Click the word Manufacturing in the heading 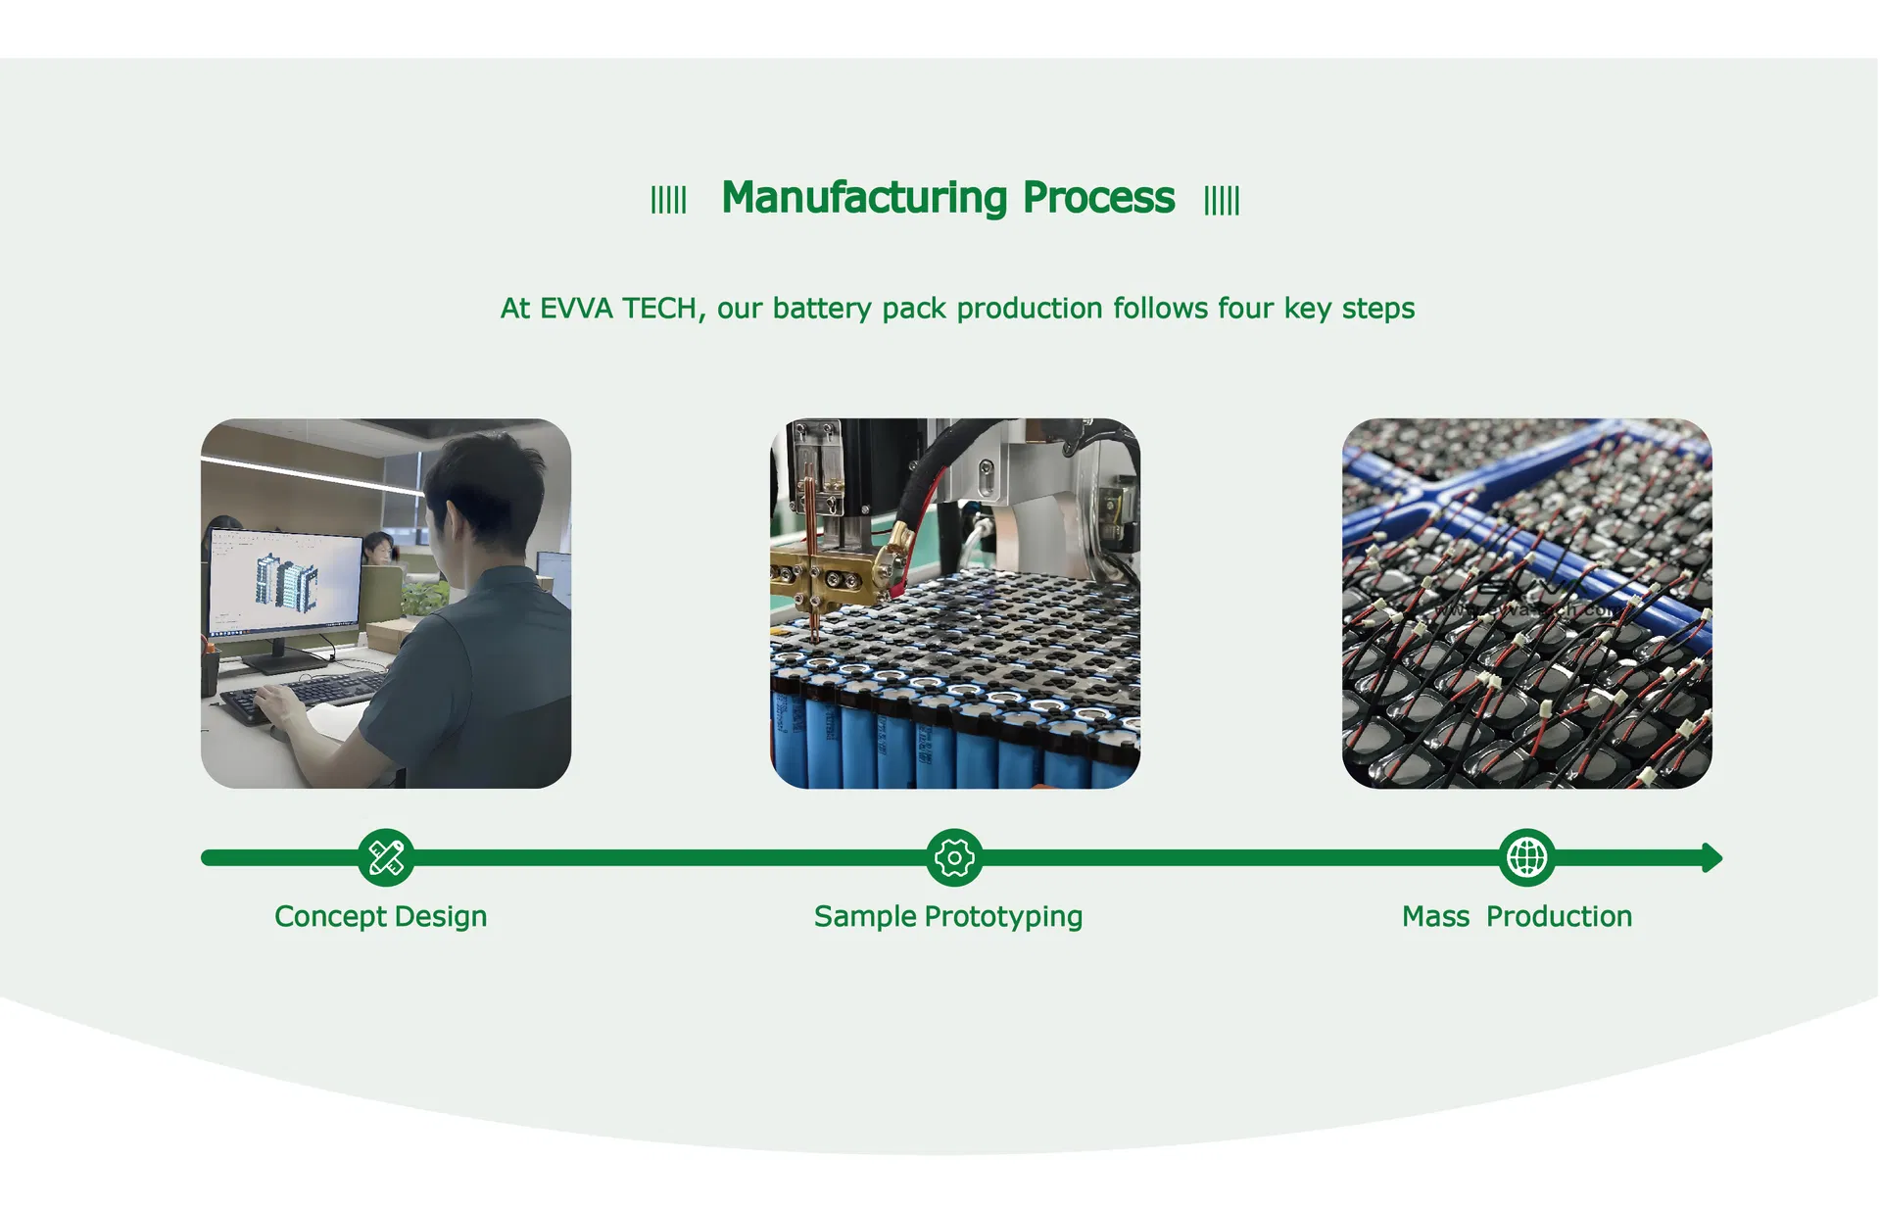click(863, 198)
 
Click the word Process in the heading click(1098, 198)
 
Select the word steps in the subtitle click(1377, 309)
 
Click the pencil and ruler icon click(386, 858)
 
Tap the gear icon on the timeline click(954, 858)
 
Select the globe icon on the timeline click(1526, 858)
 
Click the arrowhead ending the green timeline click(1711, 858)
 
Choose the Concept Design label click(380, 917)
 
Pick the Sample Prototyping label click(947, 917)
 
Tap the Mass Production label click(1517, 917)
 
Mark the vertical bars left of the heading click(669, 200)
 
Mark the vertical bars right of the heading click(1222, 200)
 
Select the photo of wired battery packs click(1526, 604)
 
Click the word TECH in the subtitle click(659, 309)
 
